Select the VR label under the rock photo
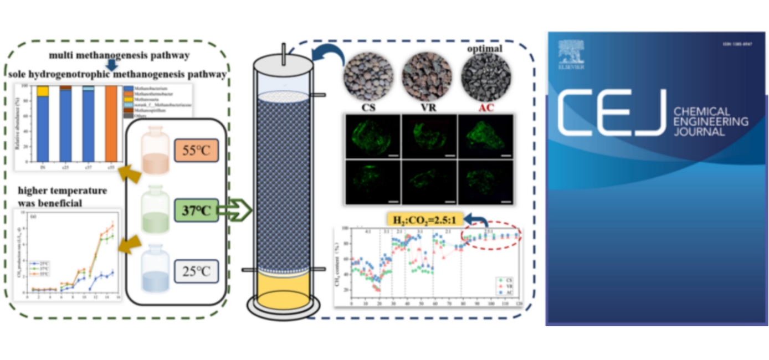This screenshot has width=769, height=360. pyautogui.click(x=425, y=106)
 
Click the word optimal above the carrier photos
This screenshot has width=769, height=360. pyautogui.click(x=484, y=49)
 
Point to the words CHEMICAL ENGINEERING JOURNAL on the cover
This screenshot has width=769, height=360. pyautogui.click(x=710, y=122)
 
